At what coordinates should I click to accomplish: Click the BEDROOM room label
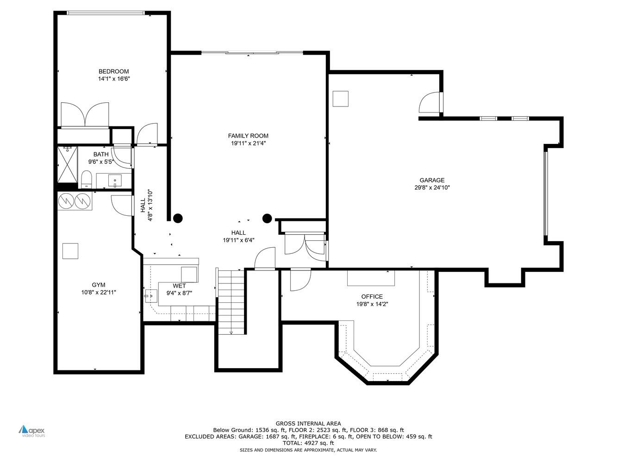coord(113,71)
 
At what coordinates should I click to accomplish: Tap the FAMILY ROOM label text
coord(248,136)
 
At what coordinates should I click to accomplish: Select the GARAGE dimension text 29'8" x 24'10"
coord(432,188)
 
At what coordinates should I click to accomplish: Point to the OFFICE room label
coord(372,297)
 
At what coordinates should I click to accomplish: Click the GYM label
coord(98,285)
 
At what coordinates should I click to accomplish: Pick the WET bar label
coord(179,286)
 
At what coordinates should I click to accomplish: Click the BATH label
coord(101,154)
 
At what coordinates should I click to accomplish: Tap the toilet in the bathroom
coord(87,180)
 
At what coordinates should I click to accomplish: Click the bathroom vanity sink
coord(114,180)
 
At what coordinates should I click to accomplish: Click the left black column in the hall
coord(178,218)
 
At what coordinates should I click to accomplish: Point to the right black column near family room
coord(267,218)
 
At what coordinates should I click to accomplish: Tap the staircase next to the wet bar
coord(231,301)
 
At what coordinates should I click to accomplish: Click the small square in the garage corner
coord(341,99)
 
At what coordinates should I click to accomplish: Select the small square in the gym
coord(70,251)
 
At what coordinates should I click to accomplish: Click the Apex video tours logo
coord(32,431)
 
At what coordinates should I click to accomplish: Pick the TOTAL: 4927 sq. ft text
coord(308,443)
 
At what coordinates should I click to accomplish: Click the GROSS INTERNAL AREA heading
coord(308,423)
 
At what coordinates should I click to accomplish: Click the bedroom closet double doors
coord(85,114)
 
